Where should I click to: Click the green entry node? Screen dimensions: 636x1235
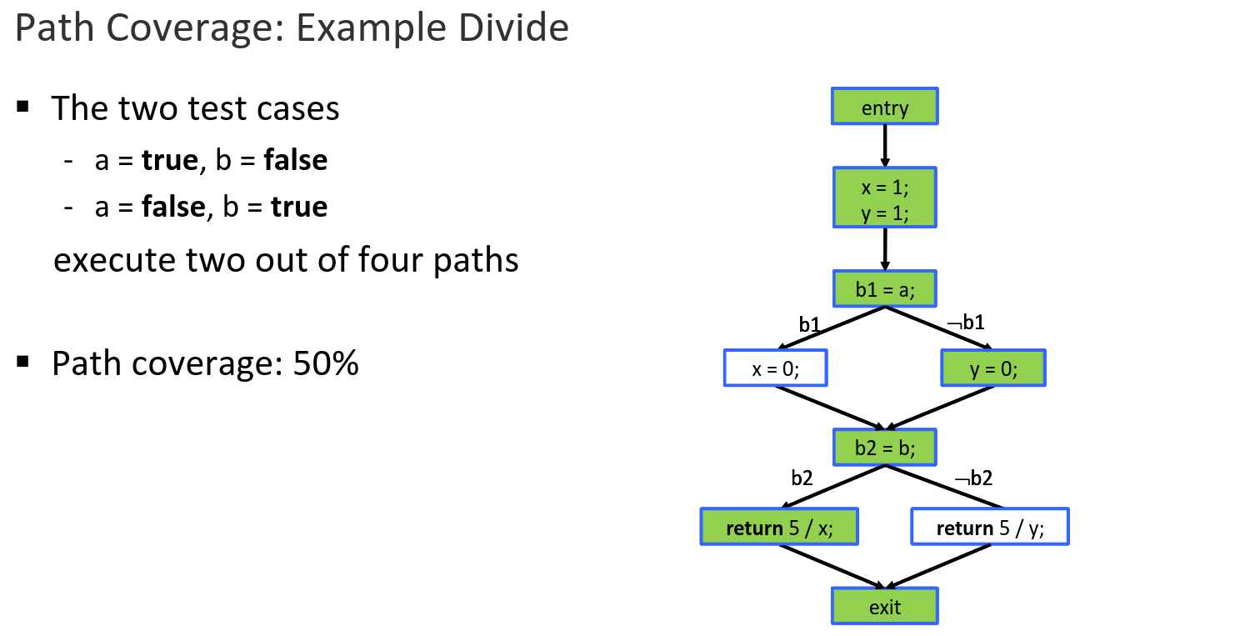[884, 107]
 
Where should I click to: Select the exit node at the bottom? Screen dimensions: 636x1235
[884, 606]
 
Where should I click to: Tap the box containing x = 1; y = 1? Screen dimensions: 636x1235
[884, 198]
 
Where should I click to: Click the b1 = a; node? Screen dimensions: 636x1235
[884, 289]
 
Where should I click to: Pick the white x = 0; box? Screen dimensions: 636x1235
[775, 368]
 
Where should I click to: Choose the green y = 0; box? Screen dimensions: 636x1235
[992, 368]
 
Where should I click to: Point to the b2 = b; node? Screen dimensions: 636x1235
[884, 448]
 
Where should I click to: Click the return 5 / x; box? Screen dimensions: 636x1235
[779, 527]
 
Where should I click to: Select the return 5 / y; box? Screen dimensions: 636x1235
[989, 527]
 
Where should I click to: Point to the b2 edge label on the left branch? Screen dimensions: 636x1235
[802, 478]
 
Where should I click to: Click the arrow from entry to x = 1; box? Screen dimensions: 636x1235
[884, 146]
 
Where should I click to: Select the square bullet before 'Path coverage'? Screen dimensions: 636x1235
[22, 362]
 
